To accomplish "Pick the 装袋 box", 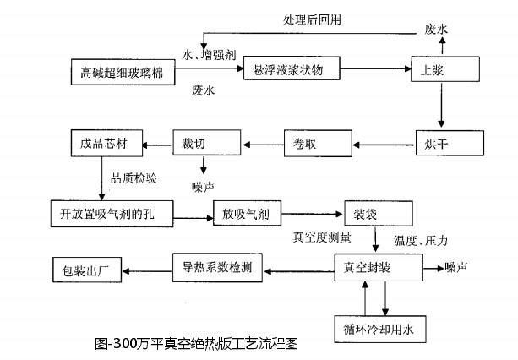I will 378,211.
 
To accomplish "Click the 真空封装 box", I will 378,268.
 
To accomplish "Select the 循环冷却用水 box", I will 378,325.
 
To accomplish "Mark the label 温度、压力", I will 420,242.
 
